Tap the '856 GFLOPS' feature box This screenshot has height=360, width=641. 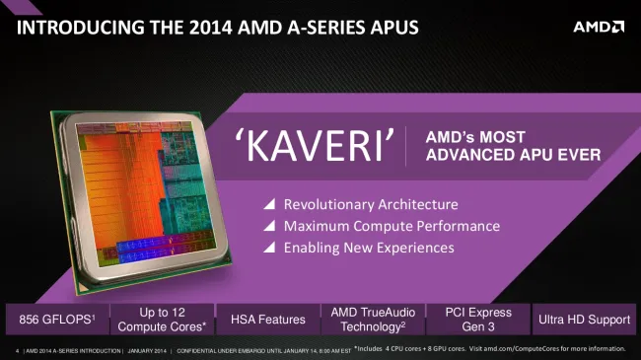click(54, 320)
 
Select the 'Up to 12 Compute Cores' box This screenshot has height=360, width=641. click(161, 320)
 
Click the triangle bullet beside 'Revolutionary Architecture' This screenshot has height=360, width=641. click(267, 205)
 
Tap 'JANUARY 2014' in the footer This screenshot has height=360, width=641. click(146, 350)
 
